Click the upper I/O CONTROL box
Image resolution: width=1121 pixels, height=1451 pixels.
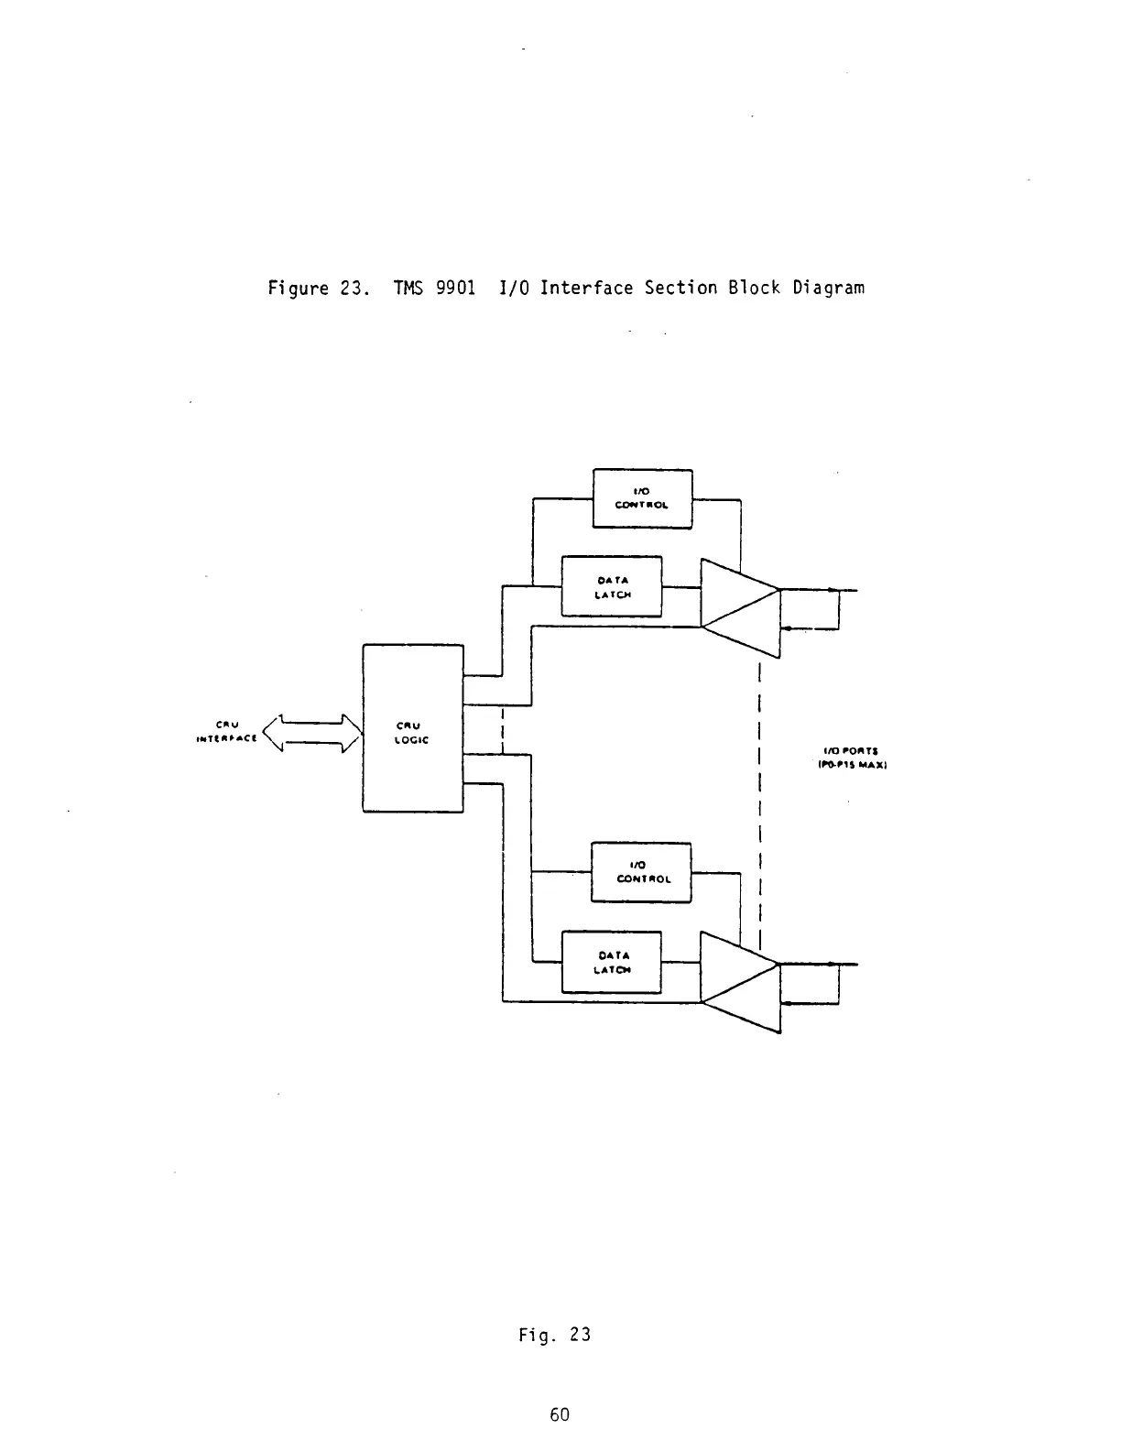(642, 498)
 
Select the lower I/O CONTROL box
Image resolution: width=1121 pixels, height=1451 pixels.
(641, 872)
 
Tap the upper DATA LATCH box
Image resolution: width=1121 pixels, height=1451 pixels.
(611, 586)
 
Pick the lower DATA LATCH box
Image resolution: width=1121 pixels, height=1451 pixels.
(611, 962)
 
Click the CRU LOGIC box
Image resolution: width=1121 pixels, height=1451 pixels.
(413, 728)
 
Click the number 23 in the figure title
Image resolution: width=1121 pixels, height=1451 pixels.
(348, 289)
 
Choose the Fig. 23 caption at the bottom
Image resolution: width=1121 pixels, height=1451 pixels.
(554, 1335)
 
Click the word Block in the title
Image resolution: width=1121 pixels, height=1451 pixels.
(755, 289)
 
